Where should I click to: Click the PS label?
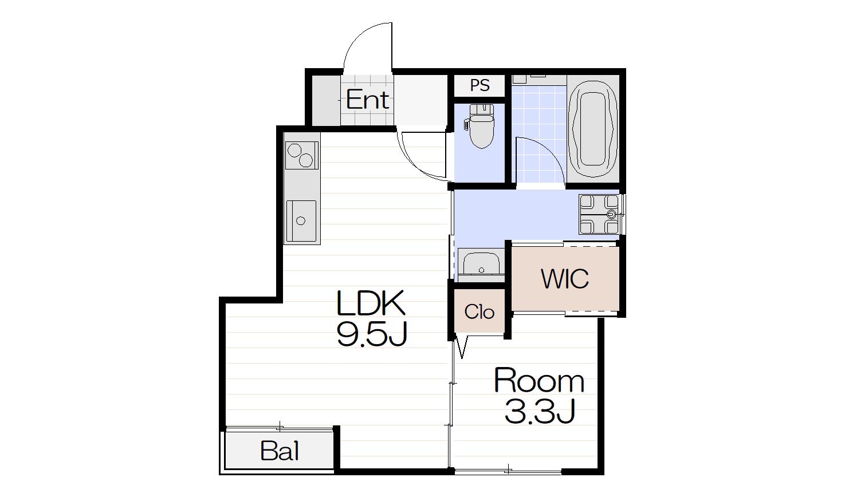pyautogui.click(x=480, y=85)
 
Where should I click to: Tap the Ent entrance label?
pyautogui.click(x=367, y=100)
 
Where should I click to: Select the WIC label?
pyautogui.click(x=565, y=279)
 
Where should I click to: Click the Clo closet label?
pyautogui.click(x=479, y=312)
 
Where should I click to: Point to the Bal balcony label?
pyautogui.click(x=280, y=451)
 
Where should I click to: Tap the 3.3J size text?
pyautogui.click(x=540, y=412)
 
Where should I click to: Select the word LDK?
pyautogui.click(x=371, y=303)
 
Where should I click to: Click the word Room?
pyautogui.click(x=539, y=381)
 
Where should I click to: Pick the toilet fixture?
pyautogui.click(x=481, y=127)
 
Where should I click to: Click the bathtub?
pyautogui.click(x=594, y=129)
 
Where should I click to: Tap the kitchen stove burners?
pyautogui.click(x=301, y=155)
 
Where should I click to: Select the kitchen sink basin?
pyautogui.click(x=301, y=221)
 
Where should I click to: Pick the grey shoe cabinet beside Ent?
pyautogui.click(x=327, y=100)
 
